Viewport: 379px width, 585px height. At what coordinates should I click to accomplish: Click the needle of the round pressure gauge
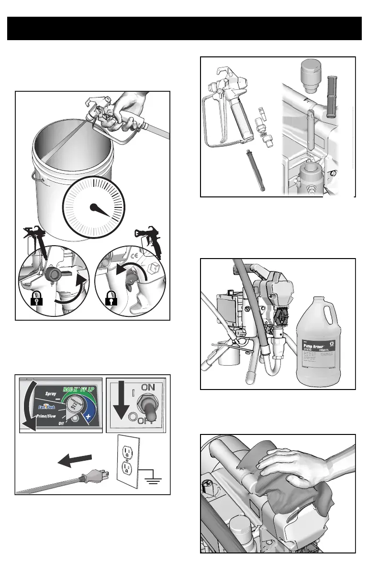[103, 211]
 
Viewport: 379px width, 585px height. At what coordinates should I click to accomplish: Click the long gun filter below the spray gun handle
[254, 170]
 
